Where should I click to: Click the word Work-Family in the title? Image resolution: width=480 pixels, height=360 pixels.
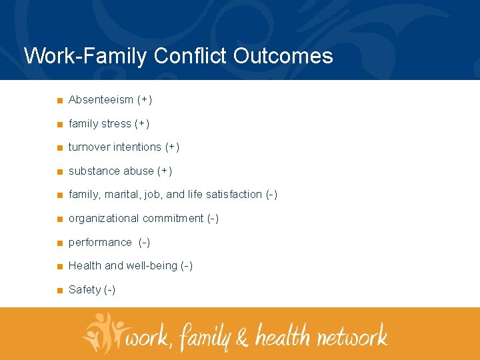coord(85,56)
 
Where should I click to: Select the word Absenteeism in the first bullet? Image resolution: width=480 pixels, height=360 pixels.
coord(101,100)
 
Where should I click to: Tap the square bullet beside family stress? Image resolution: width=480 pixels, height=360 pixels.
coord(60,125)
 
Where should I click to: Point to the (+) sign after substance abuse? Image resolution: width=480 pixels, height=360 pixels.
coord(165,171)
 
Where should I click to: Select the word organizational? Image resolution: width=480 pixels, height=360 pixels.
coord(103,219)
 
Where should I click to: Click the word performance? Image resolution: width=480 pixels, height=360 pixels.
coord(100,243)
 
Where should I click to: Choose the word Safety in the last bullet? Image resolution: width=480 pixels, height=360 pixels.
coord(85,290)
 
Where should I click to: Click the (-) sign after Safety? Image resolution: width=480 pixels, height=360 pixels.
coord(110,290)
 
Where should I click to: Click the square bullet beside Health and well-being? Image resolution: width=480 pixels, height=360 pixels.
coord(60,267)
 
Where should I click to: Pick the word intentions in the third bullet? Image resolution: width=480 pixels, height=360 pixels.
coord(137,147)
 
